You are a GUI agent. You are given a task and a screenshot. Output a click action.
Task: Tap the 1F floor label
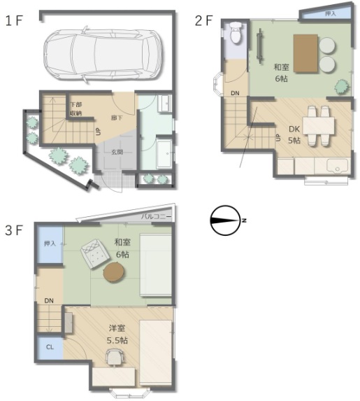coord(15,20)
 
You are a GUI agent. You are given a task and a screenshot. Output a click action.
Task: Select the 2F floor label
coord(203,20)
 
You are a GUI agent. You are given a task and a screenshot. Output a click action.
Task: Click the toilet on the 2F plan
coord(236,33)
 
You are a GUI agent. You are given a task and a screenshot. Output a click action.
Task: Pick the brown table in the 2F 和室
coord(305,53)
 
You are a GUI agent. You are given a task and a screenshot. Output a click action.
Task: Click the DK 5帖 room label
coord(294,134)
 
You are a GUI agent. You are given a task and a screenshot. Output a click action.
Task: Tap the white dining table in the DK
coord(317,125)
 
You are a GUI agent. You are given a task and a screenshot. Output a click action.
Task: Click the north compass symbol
coord(226,220)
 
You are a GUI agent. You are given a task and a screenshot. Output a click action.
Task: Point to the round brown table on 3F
coord(116,272)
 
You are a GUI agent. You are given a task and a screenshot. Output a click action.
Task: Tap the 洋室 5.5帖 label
coord(117,335)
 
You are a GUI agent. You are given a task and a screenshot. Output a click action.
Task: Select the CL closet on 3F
coord(50,346)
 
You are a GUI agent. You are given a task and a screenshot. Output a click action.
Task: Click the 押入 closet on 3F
coord(50,245)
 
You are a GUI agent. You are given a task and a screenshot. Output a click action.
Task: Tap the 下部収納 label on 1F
coord(75,109)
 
